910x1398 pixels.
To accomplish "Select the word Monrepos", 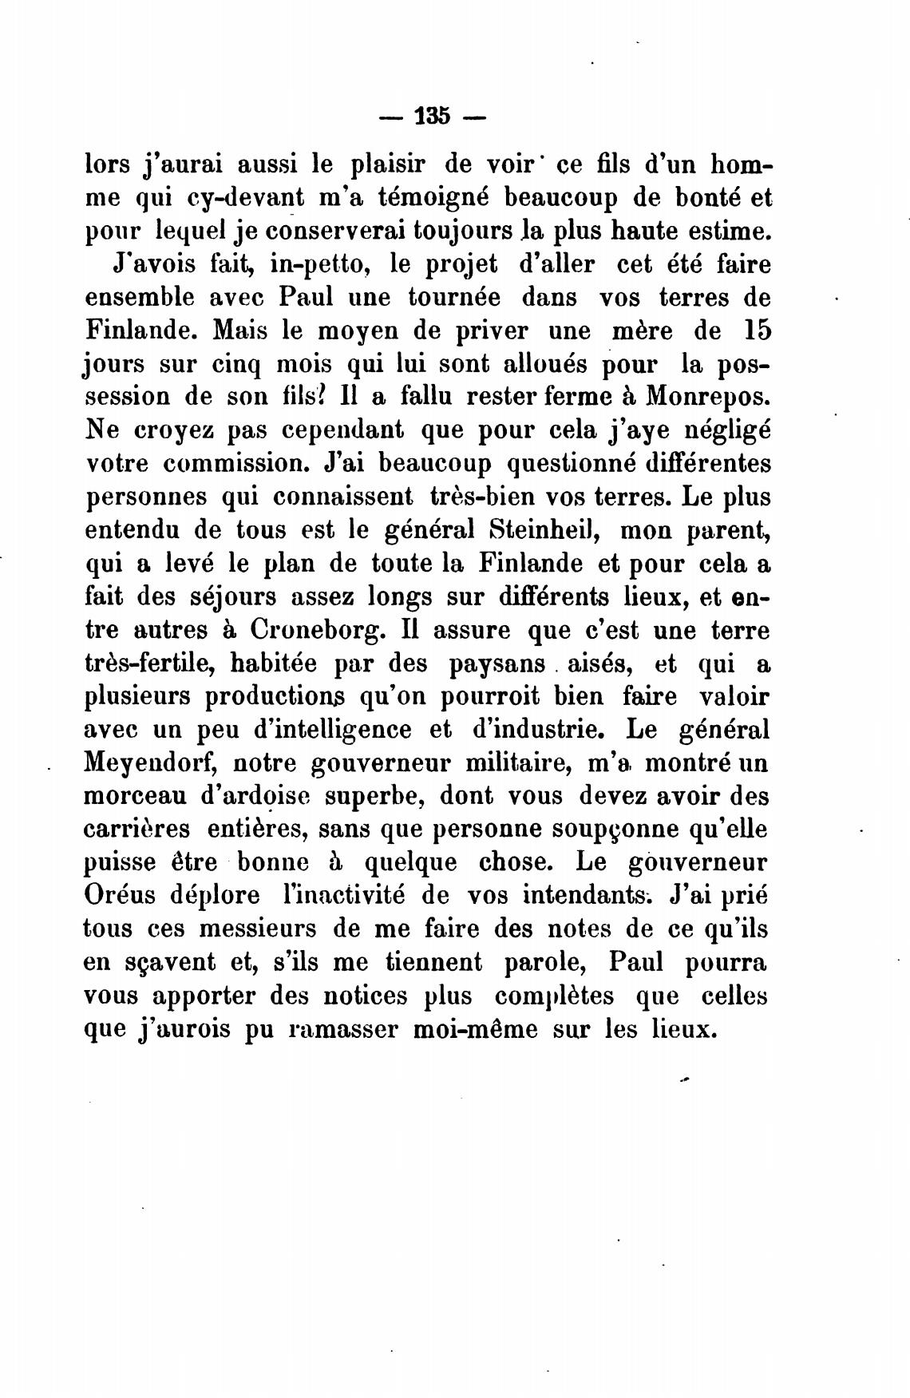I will [x=709, y=396].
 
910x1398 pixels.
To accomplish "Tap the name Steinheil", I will [x=548, y=530].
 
